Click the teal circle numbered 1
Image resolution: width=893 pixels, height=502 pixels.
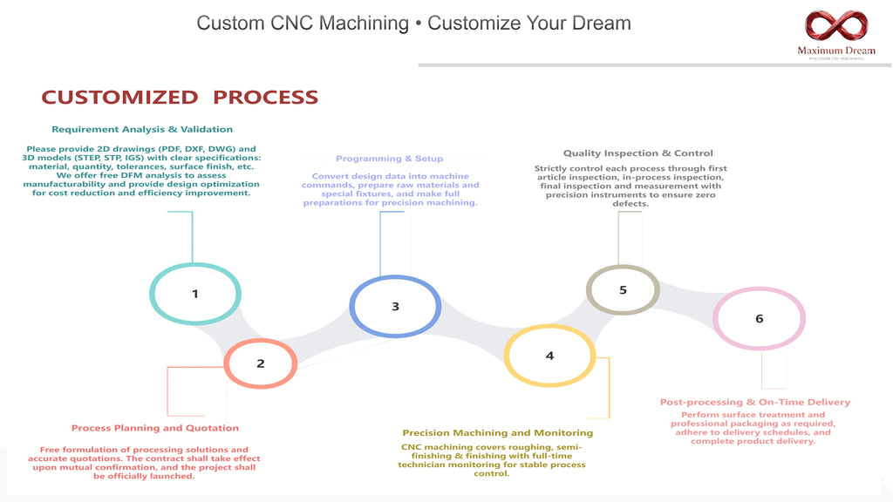tap(152, 294)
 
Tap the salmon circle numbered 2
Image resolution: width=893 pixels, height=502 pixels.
tap(226, 363)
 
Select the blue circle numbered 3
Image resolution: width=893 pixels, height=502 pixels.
tap(352, 306)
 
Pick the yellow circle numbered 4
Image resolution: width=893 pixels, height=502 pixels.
tap(507, 356)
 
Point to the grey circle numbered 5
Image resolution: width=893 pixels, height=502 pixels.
tap(589, 289)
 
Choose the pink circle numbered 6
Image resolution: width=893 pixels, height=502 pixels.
tap(715, 318)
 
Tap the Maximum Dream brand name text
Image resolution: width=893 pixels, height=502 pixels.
tap(836, 51)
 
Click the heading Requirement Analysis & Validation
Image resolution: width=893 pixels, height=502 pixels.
tap(142, 130)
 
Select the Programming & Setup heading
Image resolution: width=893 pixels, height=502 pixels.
tap(389, 159)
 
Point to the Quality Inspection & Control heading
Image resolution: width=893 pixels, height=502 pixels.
tap(637, 153)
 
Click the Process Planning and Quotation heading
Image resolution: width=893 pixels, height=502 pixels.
tap(155, 428)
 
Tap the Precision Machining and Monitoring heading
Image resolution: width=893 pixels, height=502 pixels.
tap(498, 433)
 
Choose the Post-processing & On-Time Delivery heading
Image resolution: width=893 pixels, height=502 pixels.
tap(755, 403)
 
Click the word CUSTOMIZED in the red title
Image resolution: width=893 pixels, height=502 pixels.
tap(119, 98)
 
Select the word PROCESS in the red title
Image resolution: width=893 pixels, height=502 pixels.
tap(265, 98)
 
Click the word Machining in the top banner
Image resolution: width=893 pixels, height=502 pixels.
tap(364, 24)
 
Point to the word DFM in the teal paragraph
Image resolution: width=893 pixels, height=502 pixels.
tap(132, 175)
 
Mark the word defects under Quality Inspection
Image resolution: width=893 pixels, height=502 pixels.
tap(631, 204)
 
